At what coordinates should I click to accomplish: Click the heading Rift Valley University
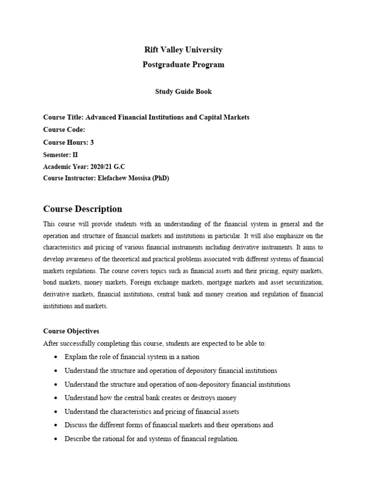click(183, 50)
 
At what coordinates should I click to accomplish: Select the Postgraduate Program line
click(183, 64)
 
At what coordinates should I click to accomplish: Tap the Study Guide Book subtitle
click(183, 92)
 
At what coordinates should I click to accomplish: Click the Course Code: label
click(64, 129)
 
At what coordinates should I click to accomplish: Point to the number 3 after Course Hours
click(92, 142)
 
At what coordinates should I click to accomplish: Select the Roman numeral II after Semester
click(75, 155)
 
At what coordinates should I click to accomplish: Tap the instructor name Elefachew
click(115, 179)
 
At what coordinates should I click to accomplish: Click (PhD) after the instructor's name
click(160, 179)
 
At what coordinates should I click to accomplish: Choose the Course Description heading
click(83, 209)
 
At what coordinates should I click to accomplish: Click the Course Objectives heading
click(71, 331)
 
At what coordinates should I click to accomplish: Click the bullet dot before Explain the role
click(56, 357)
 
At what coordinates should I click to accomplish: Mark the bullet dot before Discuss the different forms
click(56, 425)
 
